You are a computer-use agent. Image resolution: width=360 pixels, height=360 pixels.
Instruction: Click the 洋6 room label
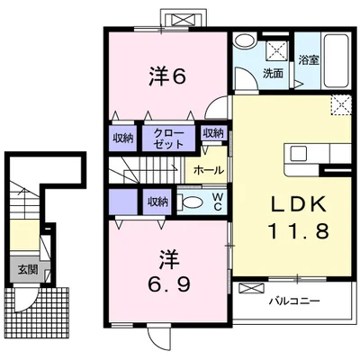tap(167, 76)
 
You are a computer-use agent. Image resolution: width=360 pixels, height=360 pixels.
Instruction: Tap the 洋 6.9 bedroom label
tap(169, 271)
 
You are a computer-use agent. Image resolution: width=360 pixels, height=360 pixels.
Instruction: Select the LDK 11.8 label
tap(299, 218)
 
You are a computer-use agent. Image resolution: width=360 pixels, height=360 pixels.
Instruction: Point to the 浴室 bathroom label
tap(309, 59)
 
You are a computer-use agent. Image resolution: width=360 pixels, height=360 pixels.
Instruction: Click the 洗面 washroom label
tap(273, 74)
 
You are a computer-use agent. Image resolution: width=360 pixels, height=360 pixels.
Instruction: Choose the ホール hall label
tap(209, 170)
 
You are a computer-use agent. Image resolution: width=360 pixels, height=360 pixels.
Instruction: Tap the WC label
tap(218, 202)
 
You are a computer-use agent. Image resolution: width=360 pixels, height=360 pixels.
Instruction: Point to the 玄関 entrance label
tap(28, 270)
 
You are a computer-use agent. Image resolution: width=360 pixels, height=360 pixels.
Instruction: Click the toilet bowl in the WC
tap(189, 202)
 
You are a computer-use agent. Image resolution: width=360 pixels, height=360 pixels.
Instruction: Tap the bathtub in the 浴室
tap(336, 60)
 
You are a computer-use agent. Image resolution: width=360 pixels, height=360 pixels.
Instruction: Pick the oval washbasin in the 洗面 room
tap(244, 40)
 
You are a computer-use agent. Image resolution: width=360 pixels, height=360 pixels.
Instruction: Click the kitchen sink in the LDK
tap(298, 155)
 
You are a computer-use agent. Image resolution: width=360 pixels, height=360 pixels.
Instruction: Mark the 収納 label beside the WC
tap(157, 202)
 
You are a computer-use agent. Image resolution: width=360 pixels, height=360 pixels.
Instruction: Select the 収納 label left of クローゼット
tap(123, 139)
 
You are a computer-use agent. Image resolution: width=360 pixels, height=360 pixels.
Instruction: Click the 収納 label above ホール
tap(213, 133)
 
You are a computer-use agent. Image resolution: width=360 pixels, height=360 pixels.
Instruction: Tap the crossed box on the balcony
tap(251, 289)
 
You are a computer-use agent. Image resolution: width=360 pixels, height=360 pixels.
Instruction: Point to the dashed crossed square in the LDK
tap(341, 104)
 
